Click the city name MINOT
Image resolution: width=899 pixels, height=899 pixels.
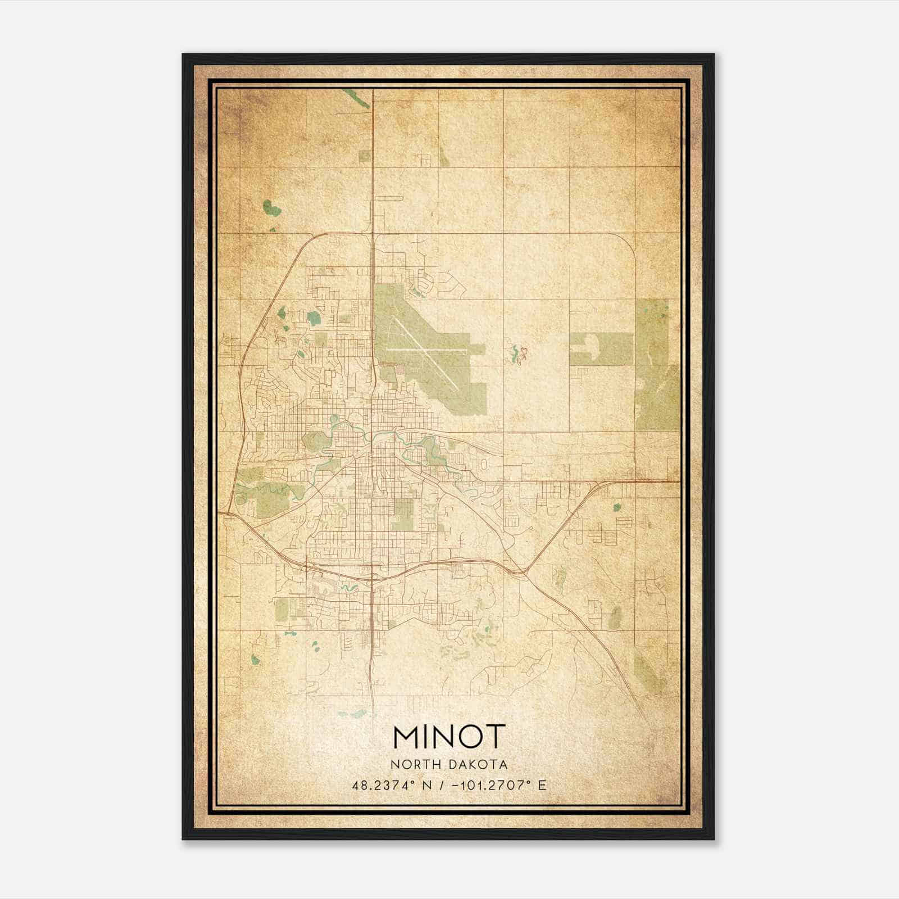point(449,737)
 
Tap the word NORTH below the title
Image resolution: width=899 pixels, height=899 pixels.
point(416,765)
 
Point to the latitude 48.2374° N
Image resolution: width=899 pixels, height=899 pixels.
point(392,786)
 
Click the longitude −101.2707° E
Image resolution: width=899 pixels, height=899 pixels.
point(496,786)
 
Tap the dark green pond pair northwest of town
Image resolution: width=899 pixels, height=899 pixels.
point(272,208)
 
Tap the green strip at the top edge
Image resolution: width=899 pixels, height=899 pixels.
point(357,98)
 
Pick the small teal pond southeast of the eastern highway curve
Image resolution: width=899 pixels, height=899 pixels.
point(618,506)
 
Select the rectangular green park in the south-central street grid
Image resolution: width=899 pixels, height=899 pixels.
point(402,514)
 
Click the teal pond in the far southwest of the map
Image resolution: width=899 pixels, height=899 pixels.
point(255,660)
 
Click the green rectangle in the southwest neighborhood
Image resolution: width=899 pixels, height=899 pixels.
point(283,609)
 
